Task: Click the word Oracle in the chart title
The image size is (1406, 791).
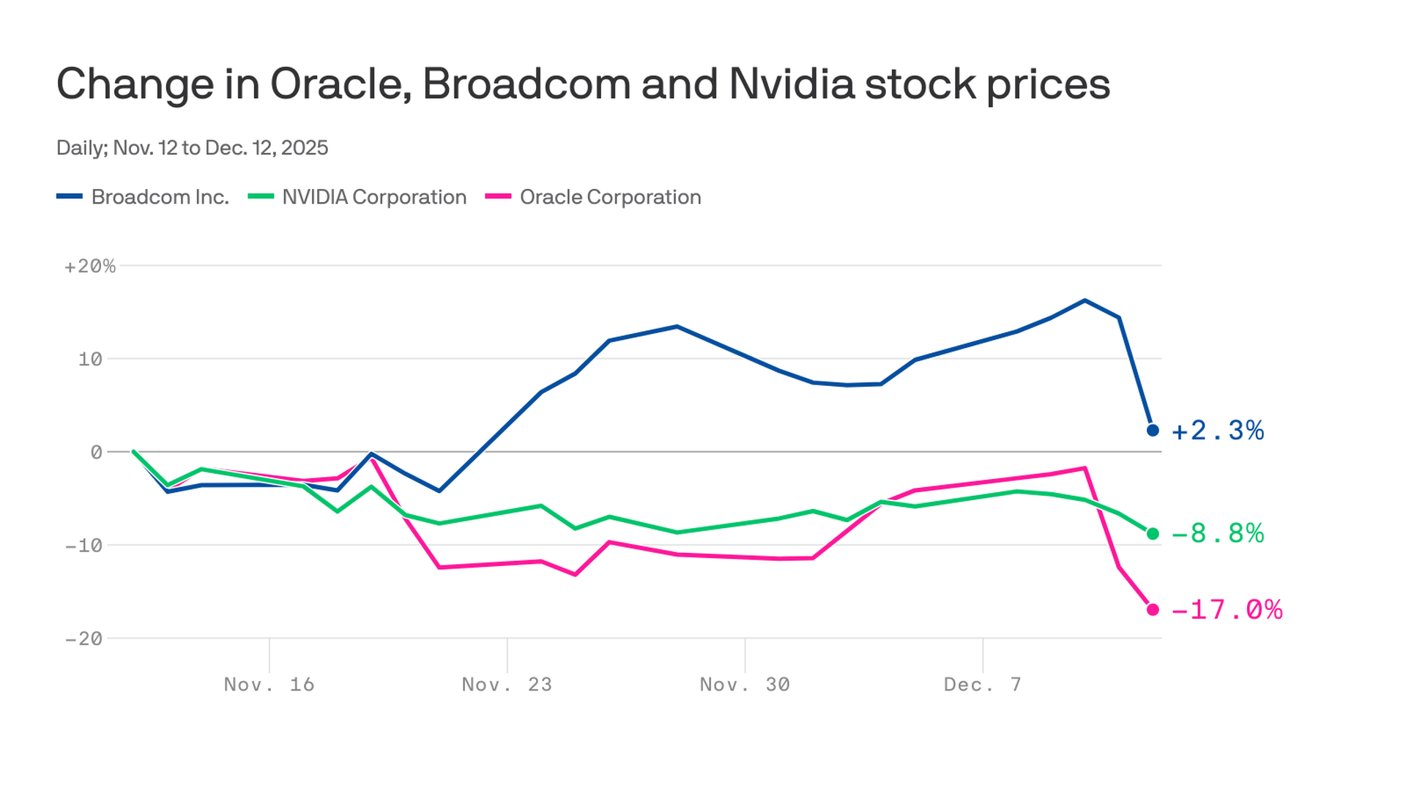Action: tap(340, 84)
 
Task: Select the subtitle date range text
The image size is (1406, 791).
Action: tap(192, 148)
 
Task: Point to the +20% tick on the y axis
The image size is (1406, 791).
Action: tap(90, 267)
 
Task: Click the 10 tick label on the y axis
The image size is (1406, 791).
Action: tap(90, 360)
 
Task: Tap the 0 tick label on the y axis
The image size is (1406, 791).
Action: tap(96, 453)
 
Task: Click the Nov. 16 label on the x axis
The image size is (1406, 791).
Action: tap(269, 685)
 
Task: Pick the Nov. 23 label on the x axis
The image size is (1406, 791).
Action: tap(507, 685)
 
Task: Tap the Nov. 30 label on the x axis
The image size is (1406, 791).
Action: tap(745, 685)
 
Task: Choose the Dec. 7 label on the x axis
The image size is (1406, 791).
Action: tap(982, 685)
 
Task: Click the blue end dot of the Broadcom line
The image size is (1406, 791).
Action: tap(1153, 431)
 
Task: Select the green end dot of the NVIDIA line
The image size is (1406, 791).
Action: tap(1153, 534)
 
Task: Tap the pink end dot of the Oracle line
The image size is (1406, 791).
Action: tap(1153, 609)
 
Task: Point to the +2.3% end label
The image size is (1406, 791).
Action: tap(1218, 431)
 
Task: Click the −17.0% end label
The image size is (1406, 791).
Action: tap(1227, 609)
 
